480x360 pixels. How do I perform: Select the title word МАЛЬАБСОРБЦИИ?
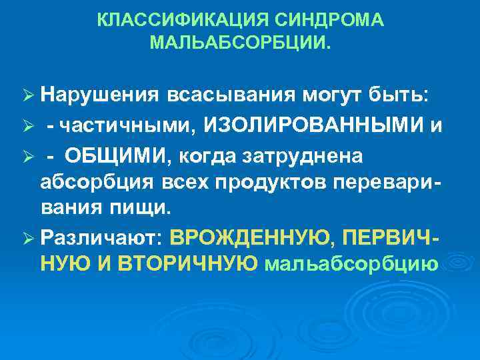(239, 44)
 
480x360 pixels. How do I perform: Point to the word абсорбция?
(91, 182)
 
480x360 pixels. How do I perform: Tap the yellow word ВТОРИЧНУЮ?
(189, 264)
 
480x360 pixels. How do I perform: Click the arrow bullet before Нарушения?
(27, 95)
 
